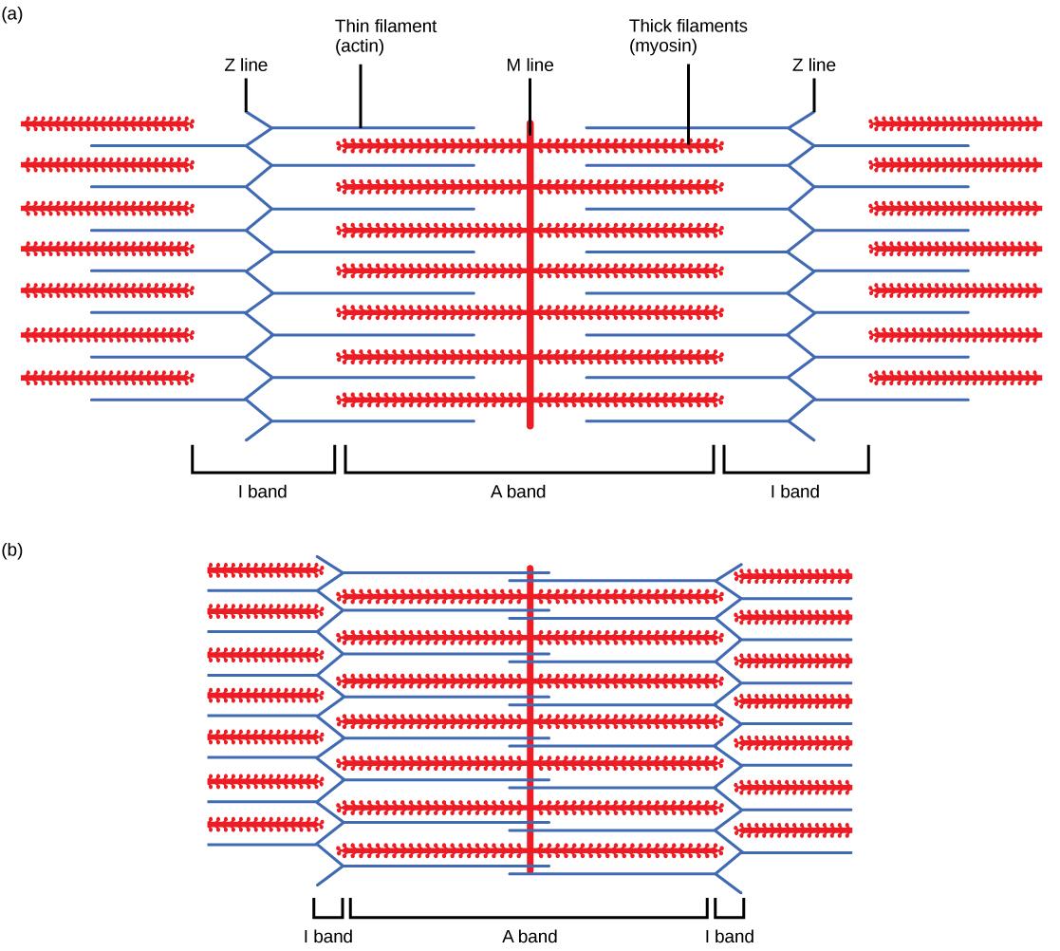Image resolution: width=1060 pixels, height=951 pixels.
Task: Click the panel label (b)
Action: coord(15,550)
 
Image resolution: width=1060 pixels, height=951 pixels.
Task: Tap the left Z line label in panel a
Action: coord(245,65)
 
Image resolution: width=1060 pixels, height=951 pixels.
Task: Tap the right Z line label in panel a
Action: coord(813,65)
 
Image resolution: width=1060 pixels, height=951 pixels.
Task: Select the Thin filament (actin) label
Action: coord(385,36)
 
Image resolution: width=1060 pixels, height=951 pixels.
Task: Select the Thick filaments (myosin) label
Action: coord(688,36)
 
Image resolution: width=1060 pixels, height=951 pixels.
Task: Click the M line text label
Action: coord(530,65)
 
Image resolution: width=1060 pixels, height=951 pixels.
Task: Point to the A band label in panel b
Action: coord(530,937)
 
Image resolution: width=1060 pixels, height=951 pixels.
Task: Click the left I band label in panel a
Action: coord(262,492)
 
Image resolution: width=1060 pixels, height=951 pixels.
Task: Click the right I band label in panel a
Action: coord(794,492)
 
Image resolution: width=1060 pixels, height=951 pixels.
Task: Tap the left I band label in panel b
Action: coord(328,937)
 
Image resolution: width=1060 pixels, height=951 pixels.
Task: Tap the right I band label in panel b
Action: coord(730,937)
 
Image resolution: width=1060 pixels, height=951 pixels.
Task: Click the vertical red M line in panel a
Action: coord(530,285)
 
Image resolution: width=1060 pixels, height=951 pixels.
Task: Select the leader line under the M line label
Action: coord(530,100)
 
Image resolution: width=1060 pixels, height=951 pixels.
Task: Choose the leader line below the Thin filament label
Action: coord(361,100)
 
